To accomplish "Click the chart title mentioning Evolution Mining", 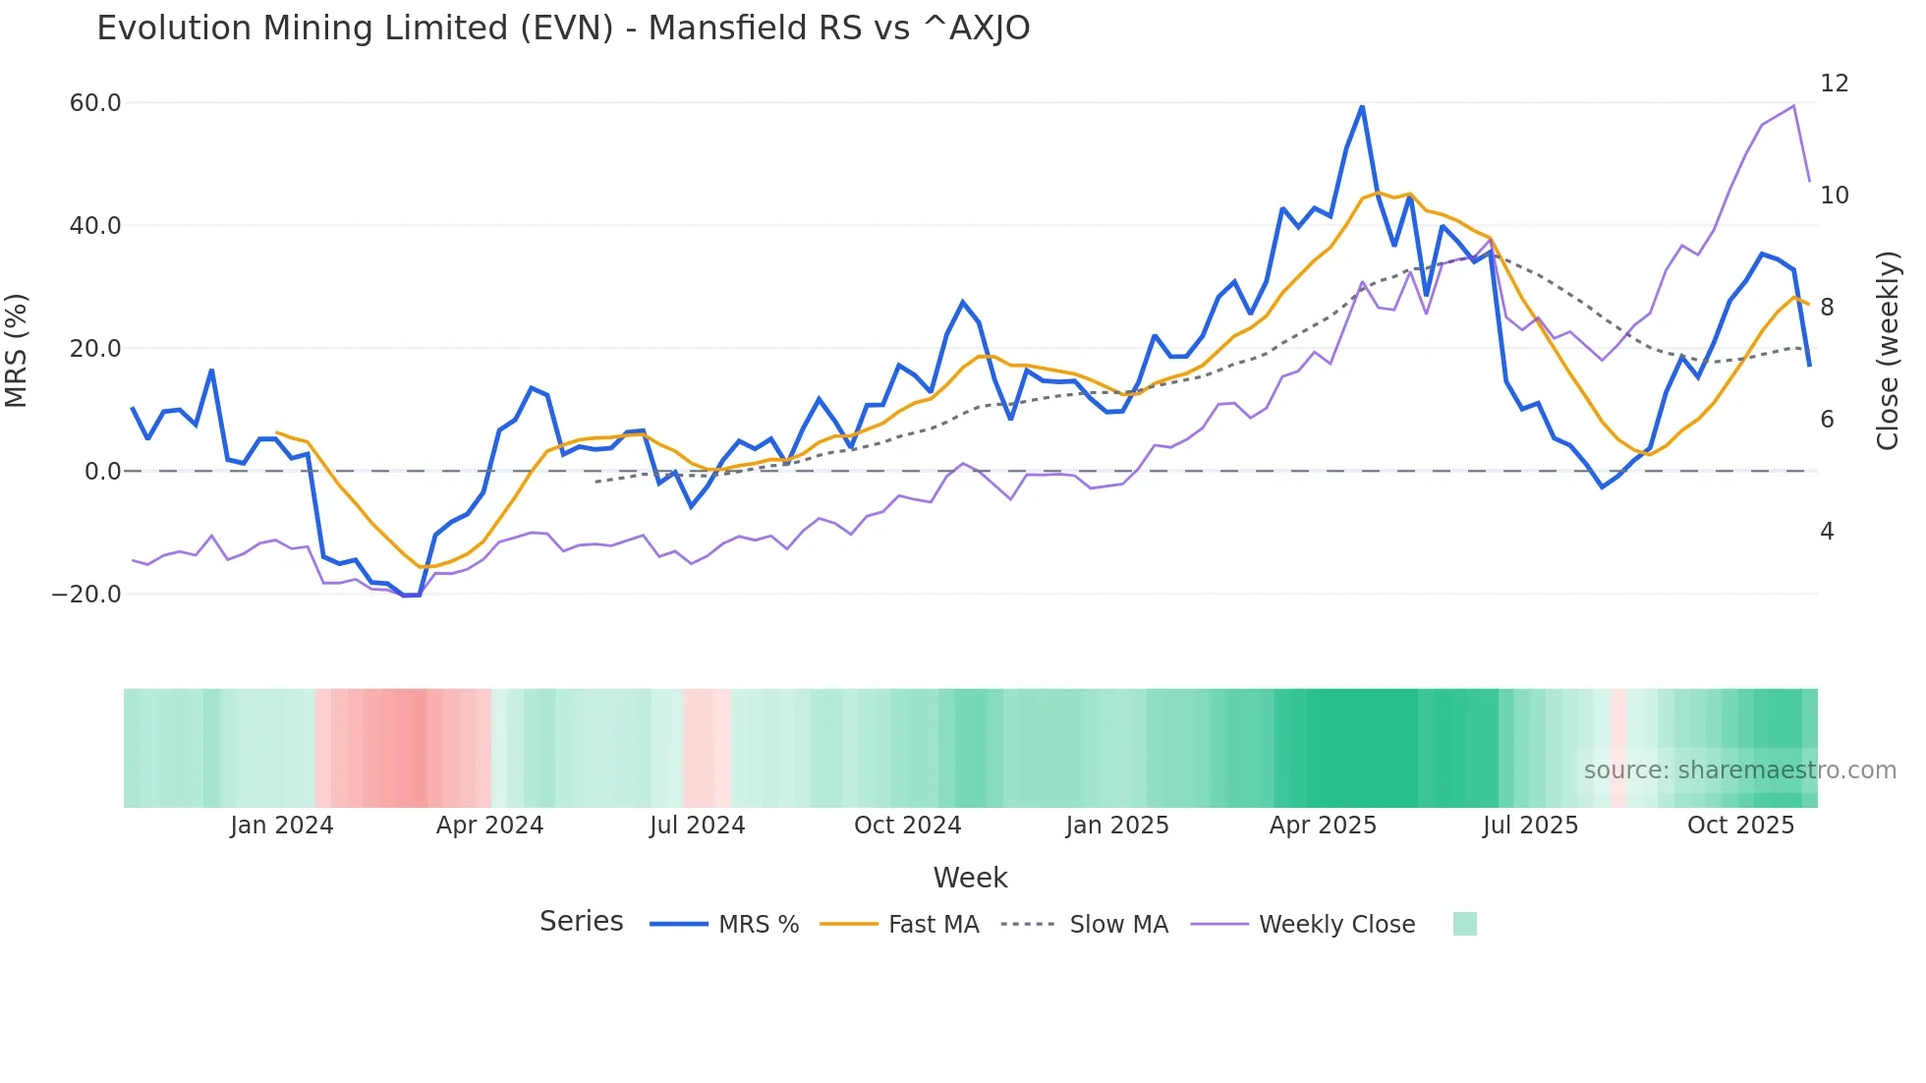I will click(x=563, y=28).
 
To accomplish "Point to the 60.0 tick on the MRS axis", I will click(x=95, y=103).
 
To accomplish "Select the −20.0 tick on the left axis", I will click(x=86, y=595).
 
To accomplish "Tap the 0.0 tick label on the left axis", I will click(x=102, y=472).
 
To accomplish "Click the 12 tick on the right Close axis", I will click(x=1834, y=84).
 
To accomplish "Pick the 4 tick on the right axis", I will click(x=1827, y=532).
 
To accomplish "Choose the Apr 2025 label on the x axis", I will click(x=1323, y=826).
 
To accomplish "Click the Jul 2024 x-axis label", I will click(x=697, y=826).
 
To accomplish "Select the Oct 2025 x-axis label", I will click(x=1740, y=826).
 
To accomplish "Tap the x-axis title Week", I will click(x=970, y=878).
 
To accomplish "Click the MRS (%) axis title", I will click(x=17, y=350).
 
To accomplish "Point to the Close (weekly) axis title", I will click(x=1888, y=351).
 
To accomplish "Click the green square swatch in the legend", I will click(x=1464, y=924).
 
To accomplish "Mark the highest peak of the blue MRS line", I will click(x=1362, y=106).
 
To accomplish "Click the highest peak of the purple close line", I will click(x=1793, y=106).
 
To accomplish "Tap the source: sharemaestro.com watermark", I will click(x=1739, y=770).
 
